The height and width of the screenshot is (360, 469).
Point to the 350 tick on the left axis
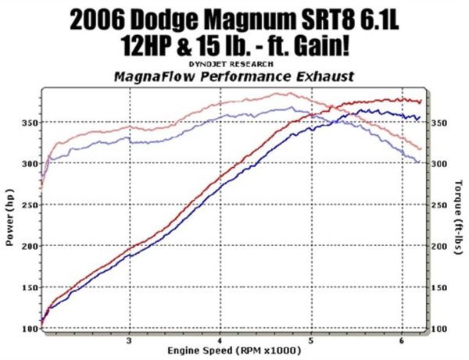pos(30,123)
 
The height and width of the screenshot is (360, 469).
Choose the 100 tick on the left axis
pos(30,329)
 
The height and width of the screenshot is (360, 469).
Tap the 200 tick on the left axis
pos(30,247)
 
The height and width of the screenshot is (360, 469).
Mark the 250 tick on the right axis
pos(439,205)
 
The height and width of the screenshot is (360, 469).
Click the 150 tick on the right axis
pos(439,287)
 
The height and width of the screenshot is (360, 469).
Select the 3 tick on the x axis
pos(130,341)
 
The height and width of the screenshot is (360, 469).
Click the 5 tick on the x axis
pos(311,341)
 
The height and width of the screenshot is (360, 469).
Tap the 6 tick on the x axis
pos(402,341)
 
